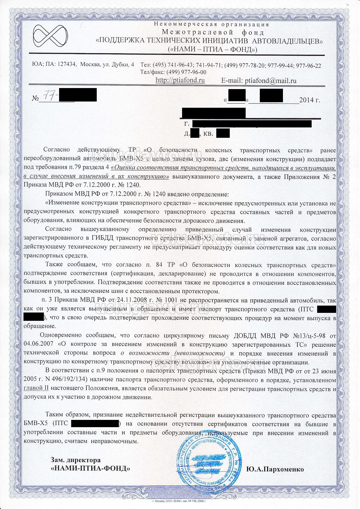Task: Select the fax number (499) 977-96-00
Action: tap(186, 73)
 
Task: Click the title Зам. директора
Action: tap(76, 460)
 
